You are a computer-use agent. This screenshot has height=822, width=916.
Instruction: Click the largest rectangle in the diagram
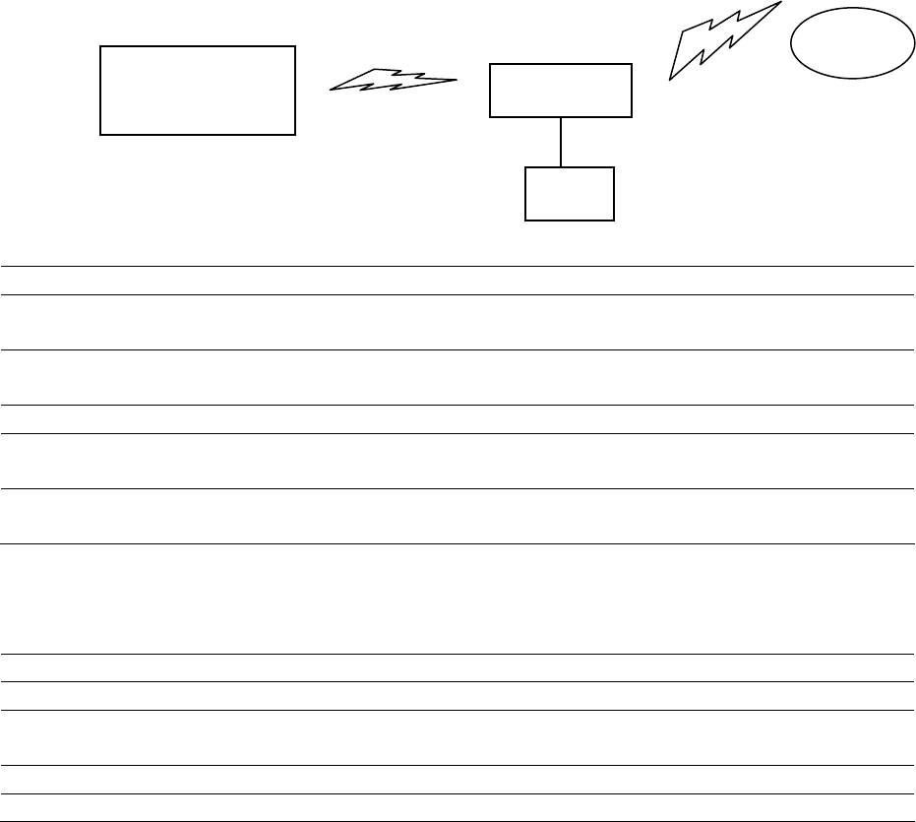pos(198,90)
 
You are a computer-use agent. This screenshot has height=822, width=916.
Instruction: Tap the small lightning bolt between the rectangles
pos(394,81)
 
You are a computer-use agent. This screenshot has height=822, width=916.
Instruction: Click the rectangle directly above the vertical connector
pos(561,91)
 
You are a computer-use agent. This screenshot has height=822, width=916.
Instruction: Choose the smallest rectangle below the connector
pos(570,194)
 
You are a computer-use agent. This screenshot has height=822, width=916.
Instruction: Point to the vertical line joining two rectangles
pos(561,142)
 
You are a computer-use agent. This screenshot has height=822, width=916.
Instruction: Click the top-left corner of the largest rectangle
pos(101,46)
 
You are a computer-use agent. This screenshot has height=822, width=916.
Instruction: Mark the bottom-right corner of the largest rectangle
pos(295,134)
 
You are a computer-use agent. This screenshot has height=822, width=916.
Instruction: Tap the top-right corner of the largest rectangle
pos(295,46)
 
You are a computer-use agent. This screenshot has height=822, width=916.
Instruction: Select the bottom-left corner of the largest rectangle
pos(101,134)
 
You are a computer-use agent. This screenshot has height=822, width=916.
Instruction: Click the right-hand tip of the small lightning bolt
pos(458,79)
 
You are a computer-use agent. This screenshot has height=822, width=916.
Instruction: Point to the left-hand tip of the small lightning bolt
pos(331,90)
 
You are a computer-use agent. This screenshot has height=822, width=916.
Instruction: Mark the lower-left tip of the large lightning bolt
pos(670,79)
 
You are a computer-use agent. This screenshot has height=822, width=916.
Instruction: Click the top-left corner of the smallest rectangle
pos(526,167)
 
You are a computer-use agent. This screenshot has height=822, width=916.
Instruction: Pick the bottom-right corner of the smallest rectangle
pos(614,220)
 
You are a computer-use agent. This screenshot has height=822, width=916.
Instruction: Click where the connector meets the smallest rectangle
pos(561,167)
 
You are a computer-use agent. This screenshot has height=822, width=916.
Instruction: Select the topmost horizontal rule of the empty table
pos(458,266)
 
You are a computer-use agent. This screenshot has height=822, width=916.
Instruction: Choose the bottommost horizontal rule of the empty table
pos(458,821)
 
